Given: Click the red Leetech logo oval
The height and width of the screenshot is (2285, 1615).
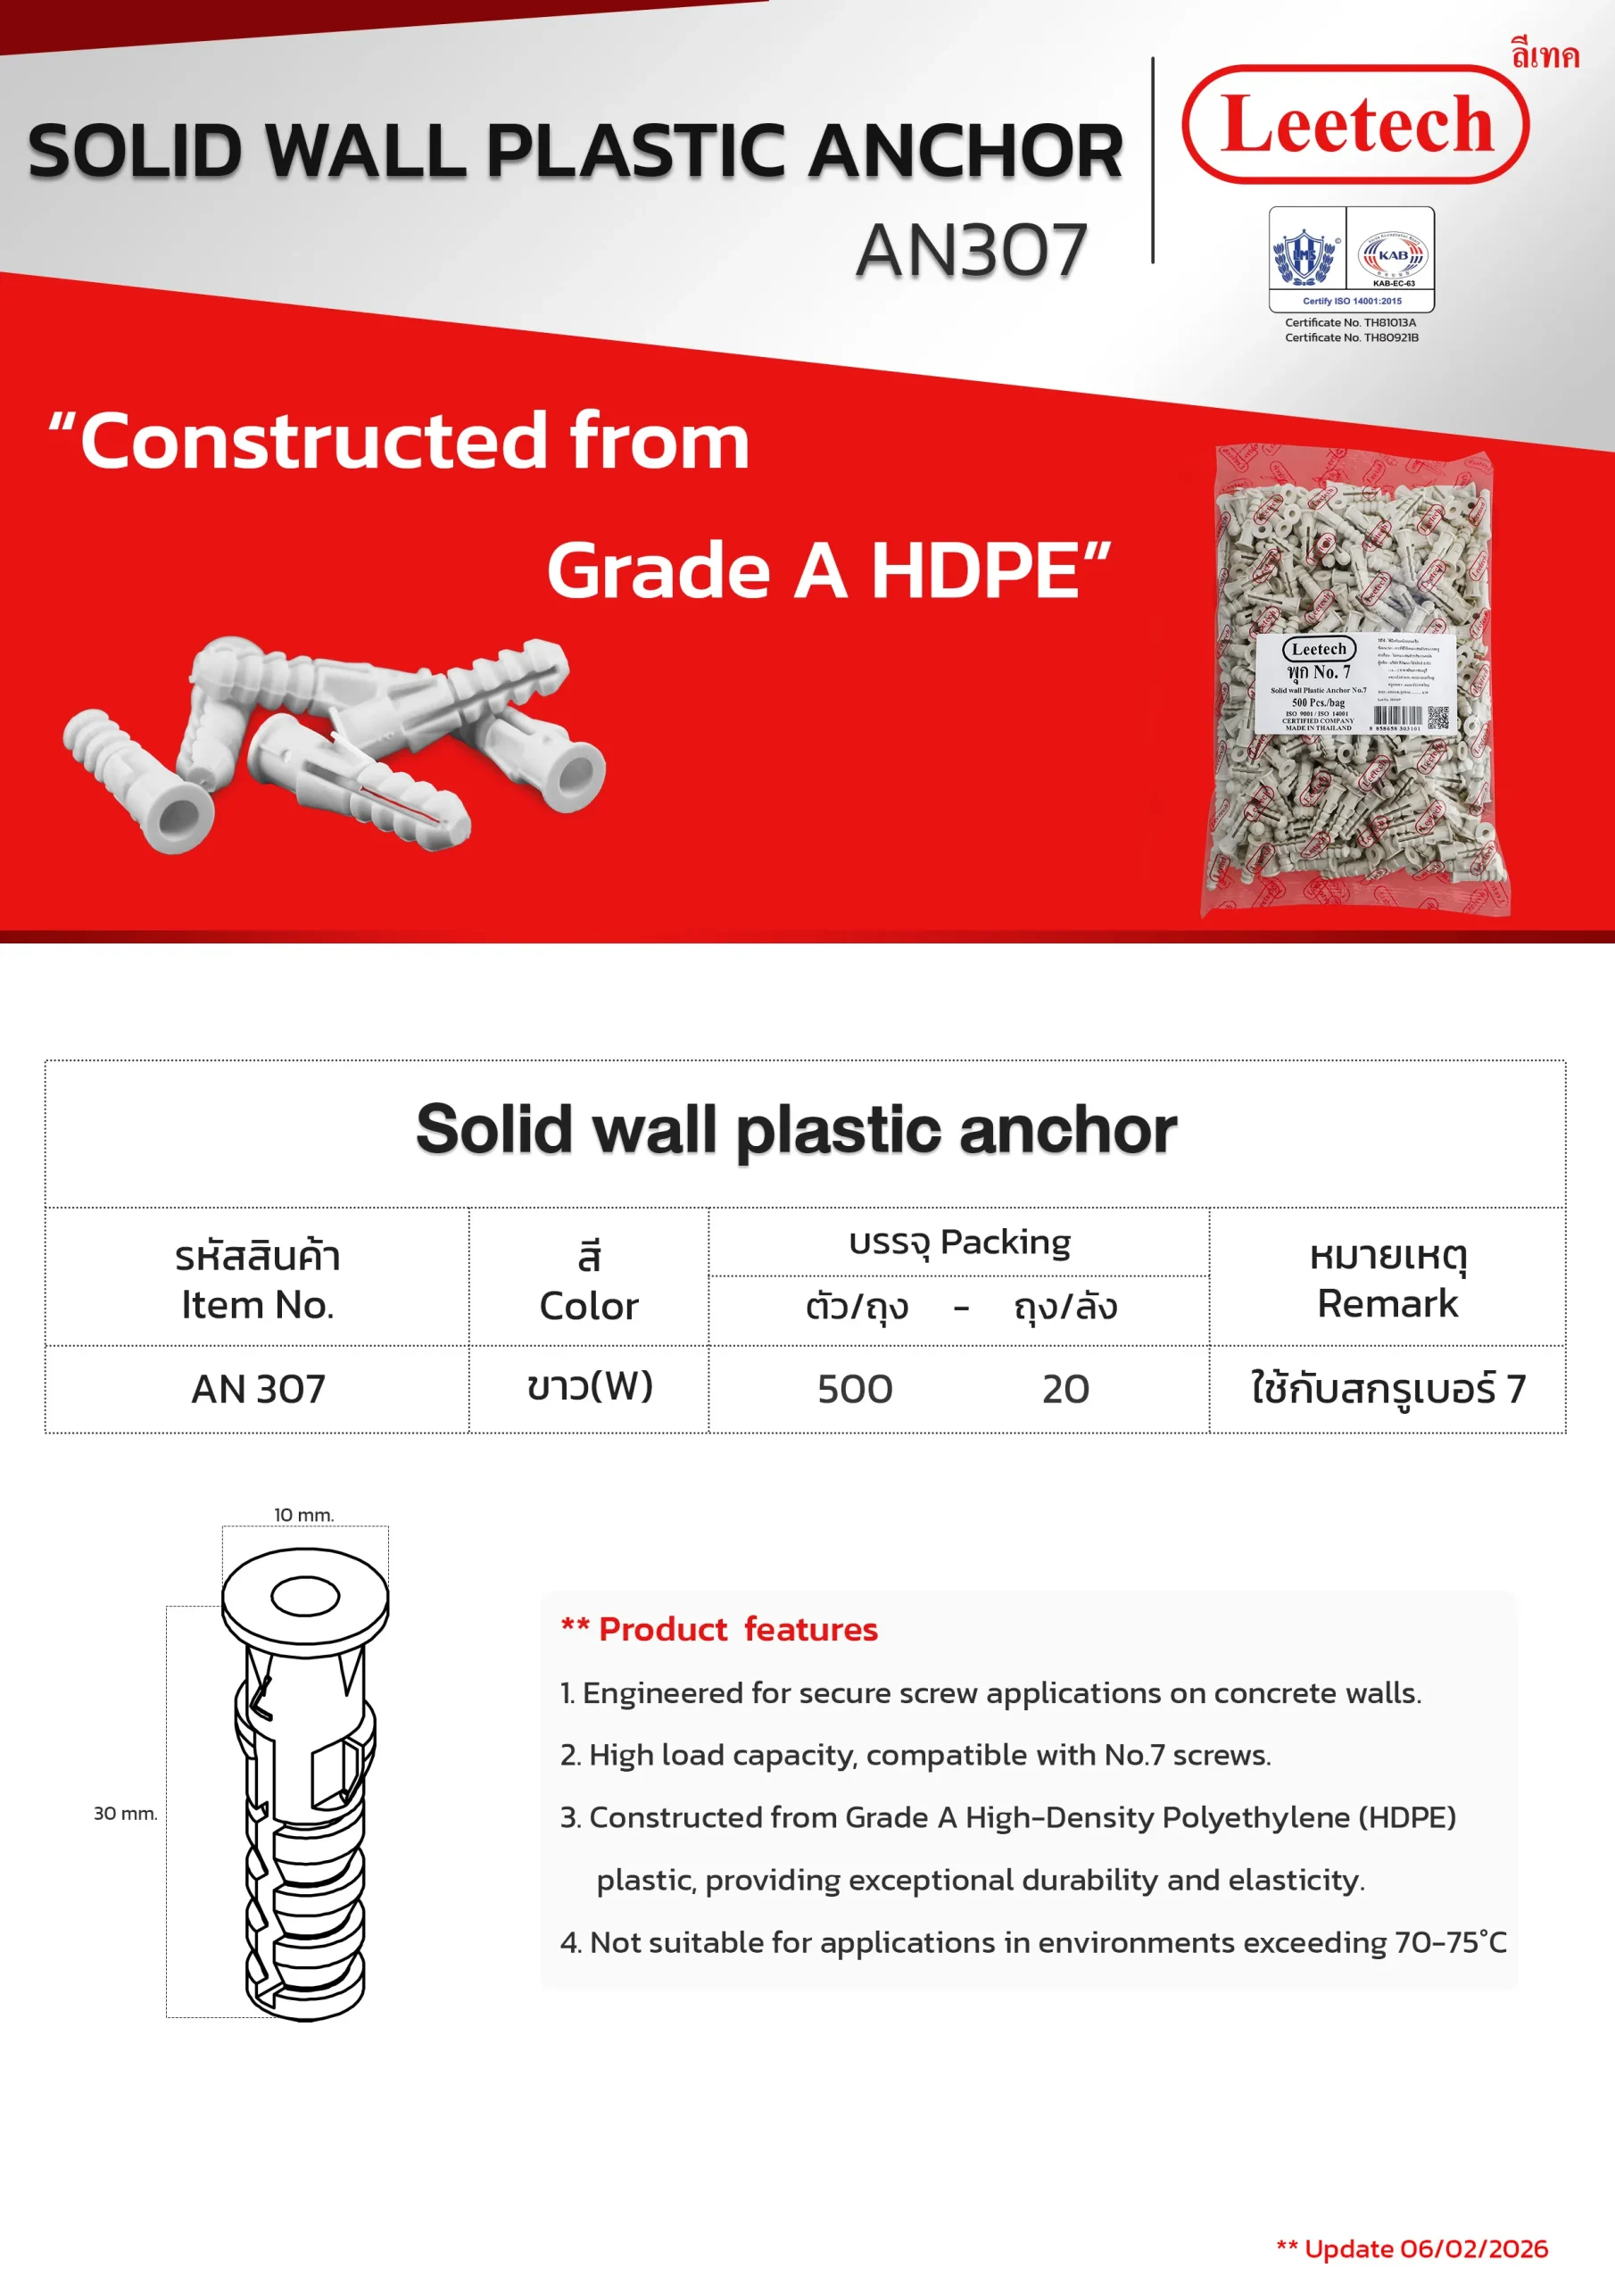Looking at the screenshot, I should point(1354,124).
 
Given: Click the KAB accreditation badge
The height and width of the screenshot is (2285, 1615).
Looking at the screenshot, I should point(1392,258).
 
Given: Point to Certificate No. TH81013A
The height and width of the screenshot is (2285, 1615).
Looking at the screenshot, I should point(1349,322).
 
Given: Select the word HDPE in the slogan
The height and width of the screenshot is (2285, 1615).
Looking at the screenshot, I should point(975,571).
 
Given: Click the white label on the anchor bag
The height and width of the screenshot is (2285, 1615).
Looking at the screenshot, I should point(1355,684).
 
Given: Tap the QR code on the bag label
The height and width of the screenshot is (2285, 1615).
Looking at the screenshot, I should point(1437,718).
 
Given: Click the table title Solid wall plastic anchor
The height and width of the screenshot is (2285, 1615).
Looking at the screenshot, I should point(796,1131).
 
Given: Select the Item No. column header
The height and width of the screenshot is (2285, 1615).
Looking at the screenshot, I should point(257,1280).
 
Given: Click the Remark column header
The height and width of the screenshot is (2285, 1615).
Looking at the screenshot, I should point(1387,1280).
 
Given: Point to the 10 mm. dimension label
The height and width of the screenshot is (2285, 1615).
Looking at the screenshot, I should point(303,1515).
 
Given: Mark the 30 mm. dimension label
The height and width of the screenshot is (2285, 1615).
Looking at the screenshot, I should point(126,1813).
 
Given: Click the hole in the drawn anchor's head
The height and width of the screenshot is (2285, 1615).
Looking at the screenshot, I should point(305,1596).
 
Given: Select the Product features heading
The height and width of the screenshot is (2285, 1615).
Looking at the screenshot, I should point(719,1629).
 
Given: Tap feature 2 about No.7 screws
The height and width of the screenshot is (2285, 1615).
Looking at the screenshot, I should point(915,1755).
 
